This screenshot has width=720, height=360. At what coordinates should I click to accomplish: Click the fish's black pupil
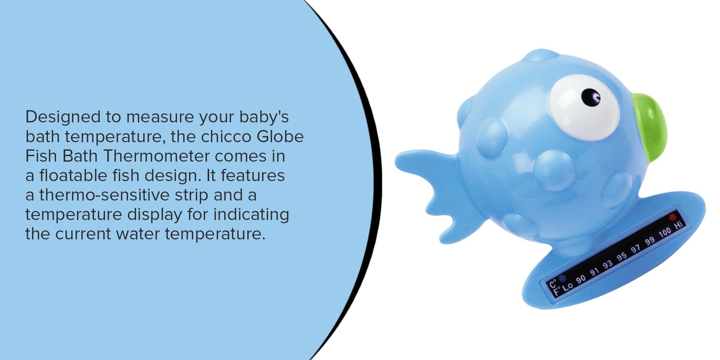[x=591, y=97]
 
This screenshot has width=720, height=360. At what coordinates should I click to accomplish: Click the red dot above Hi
[x=672, y=217]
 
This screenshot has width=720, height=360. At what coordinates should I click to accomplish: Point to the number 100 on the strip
[x=665, y=233]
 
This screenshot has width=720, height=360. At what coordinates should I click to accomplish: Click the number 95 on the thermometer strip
[x=622, y=257]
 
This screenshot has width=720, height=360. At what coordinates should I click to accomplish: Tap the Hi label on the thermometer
[x=678, y=225]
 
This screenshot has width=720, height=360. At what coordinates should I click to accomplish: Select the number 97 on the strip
[x=636, y=249]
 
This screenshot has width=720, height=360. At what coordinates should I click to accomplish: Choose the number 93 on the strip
[x=608, y=264]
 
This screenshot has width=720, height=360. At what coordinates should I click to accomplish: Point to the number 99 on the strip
[x=650, y=241]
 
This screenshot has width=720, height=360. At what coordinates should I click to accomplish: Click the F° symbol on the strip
[x=556, y=290]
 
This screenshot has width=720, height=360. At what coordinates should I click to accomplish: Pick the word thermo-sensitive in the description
[x=104, y=195]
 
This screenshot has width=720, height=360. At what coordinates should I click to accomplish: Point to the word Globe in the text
[x=280, y=137]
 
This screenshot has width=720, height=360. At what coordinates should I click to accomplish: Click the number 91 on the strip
[x=594, y=272]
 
